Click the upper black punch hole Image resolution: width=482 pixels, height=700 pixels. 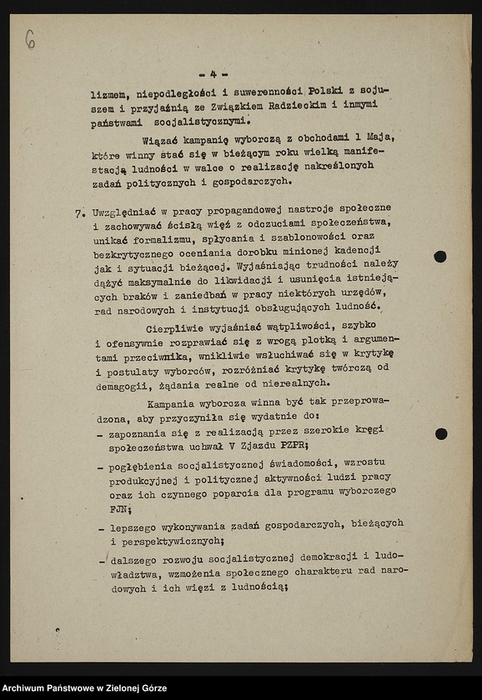pos(440,257)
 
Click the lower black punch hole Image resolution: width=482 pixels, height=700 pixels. pos(440,434)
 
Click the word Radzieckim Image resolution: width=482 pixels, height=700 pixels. pos(285,105)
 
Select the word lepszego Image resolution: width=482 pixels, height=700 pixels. pos(135,525)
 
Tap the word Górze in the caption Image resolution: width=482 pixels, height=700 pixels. pos(150,688)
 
